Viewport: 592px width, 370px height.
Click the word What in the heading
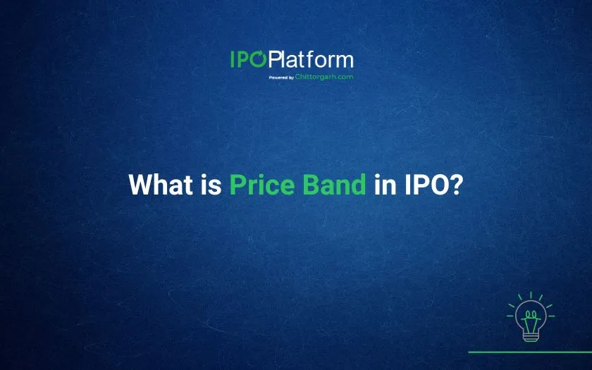pos(161,185)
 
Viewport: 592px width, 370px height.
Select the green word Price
pos(262,185)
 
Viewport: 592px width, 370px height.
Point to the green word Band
pos(335,185)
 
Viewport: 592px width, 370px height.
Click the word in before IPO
pos(385,185)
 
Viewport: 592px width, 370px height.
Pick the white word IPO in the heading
pos(426,185)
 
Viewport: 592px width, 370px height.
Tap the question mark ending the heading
pos(456,185)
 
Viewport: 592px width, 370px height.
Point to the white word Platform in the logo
pos(312,59)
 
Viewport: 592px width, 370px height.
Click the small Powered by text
pos(281,78)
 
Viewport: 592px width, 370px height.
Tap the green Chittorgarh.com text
pos(324,77)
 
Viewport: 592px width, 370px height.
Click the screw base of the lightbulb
pos(531,336)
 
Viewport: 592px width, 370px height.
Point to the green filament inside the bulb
pos(531,320)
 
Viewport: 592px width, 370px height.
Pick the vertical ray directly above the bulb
pos(531,295)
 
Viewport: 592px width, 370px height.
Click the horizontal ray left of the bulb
pos(510,316)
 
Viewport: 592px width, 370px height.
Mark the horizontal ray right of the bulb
pos(551,316)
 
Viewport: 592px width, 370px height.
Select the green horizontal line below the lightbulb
pos(530,352)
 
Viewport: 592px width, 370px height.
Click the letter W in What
pos(141,185)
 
